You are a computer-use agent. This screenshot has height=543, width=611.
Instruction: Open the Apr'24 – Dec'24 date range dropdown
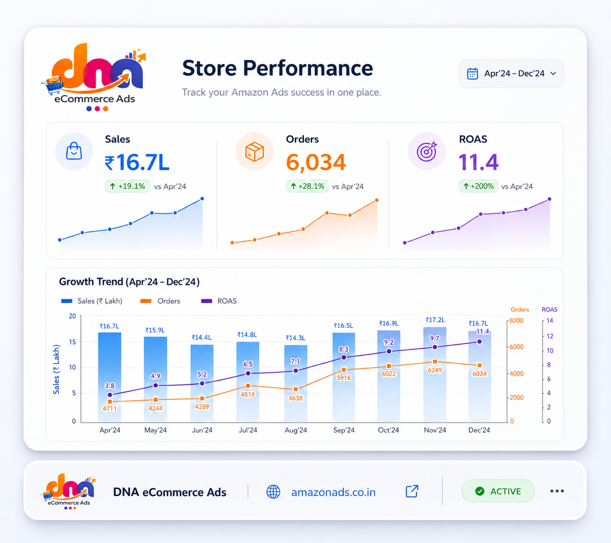click(x=511, y=73)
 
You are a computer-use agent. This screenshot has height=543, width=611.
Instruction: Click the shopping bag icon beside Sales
click(x=74, y=151)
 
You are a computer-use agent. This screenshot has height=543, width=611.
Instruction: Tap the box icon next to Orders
click(x=255, y=151)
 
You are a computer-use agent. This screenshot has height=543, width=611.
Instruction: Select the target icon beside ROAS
click(x=427, y=151)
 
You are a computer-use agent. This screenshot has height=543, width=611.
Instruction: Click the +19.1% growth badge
click(x=128, y=186)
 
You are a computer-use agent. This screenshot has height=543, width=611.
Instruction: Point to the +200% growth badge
click(x=478, y=186)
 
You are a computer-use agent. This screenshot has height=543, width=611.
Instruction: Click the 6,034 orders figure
click(x=316, y=162)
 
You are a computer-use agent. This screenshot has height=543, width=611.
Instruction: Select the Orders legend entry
click(x=160, y=301)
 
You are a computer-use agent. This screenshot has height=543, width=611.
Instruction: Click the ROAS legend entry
click(x=219, y=301)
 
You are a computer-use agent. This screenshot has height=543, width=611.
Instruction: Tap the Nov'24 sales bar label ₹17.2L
click(x=435, y=320)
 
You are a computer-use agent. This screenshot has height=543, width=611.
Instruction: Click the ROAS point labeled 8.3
click(x=344, y=358)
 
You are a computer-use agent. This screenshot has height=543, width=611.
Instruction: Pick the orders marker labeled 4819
click(x=248, y=386)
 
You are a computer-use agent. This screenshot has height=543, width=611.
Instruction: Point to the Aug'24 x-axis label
click(x=296, y=430)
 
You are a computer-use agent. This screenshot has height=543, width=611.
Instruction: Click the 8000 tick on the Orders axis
click(x=516, y=321)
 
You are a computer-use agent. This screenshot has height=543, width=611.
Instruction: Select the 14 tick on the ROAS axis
click(x=550, y=321)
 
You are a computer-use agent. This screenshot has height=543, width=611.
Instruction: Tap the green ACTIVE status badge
click(x=498, y=491)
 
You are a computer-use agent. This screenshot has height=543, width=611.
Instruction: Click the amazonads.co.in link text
click(x=333, y=492)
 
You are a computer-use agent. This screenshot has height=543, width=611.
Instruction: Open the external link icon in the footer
click(x=412, y=491)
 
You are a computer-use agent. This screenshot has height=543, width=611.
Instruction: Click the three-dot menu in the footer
click(x=557, y=491)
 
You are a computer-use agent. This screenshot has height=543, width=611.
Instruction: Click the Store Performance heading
click(x=277, y=68)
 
